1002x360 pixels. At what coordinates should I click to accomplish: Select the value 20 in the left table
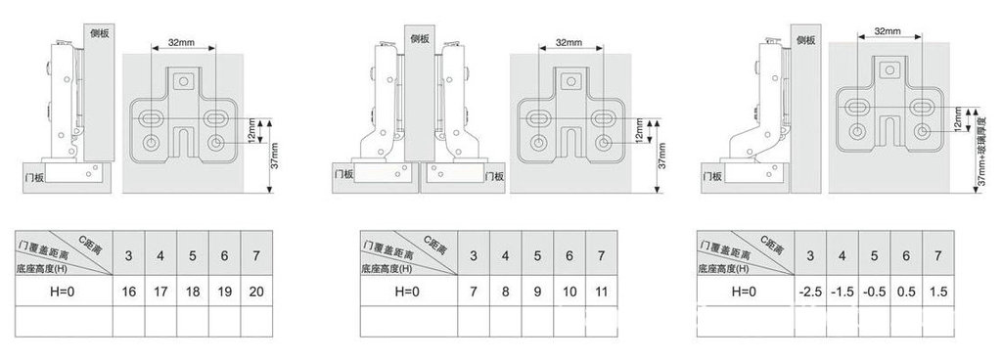coord(257,292)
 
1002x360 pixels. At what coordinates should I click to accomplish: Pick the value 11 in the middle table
coord(602,292)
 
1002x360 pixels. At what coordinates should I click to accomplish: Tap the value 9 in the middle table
coord(536,292)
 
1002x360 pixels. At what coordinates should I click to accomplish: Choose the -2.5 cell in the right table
coord(809,292)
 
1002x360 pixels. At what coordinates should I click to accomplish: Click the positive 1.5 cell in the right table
coord(938,292)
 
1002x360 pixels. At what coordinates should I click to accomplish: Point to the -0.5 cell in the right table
coord(874,292)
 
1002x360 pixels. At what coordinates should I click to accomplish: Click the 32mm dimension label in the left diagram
coord(180,43)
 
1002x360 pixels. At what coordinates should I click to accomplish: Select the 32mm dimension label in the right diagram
coord(887,31)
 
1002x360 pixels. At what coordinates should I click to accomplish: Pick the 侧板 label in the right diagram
coord(805,39)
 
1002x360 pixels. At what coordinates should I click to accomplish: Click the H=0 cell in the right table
coord(744,292)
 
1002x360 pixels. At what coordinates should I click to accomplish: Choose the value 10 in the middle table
coord(569,292)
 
